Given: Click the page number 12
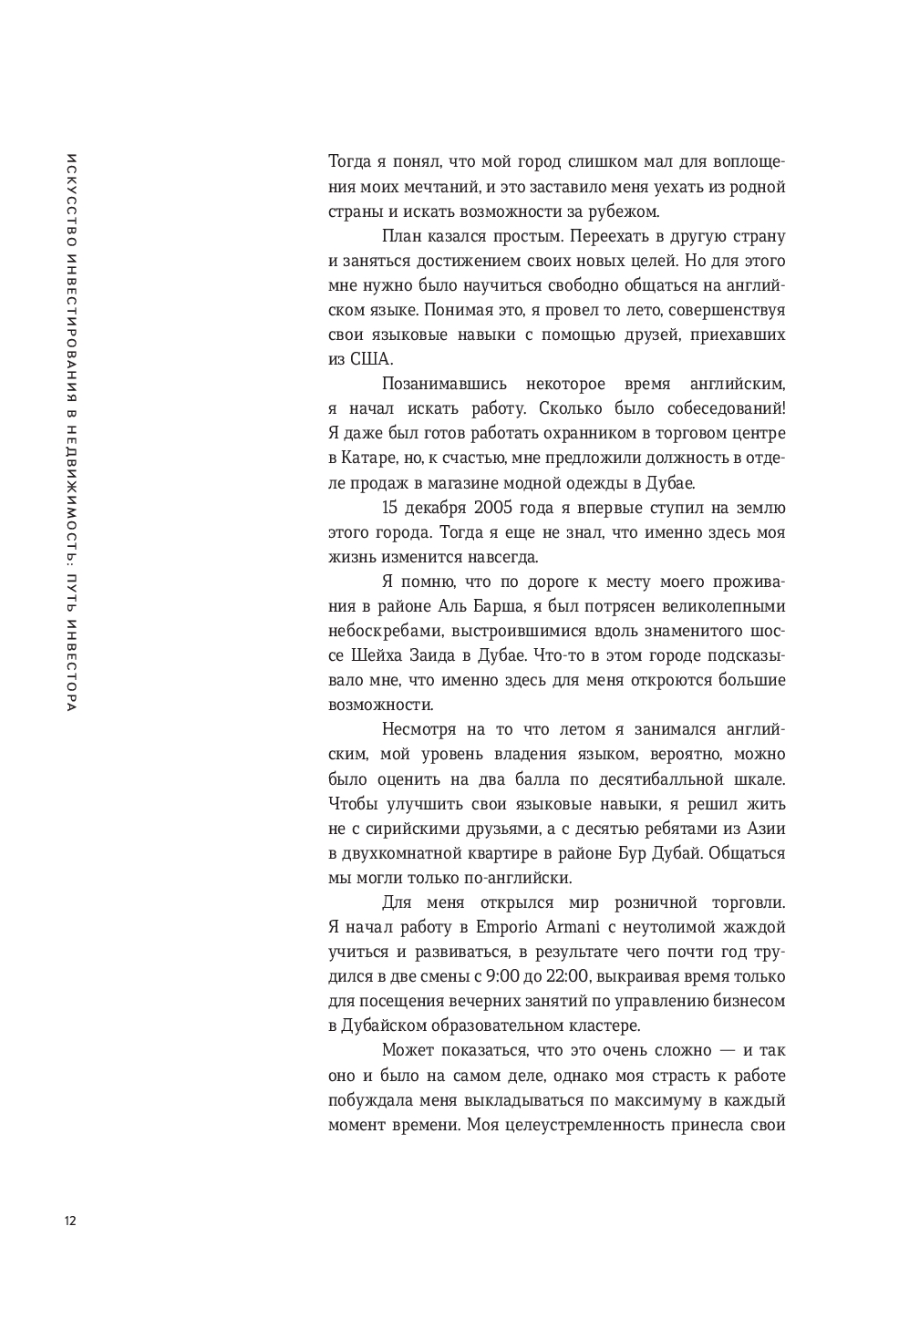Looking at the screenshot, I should tap(70, 1221).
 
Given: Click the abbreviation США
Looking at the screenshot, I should tap(368, 359).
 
